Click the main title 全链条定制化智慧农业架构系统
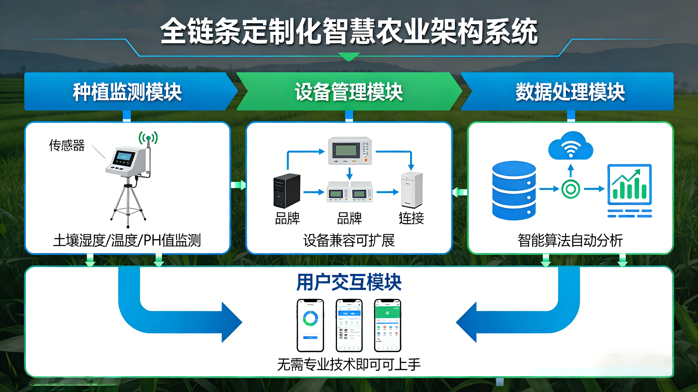coord(349,31)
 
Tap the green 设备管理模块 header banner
coord(349,92)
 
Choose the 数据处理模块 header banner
coord(570,92)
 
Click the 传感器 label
coord(67,145)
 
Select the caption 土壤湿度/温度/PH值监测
coord(127,240)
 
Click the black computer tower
coord(287,191)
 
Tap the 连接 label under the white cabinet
coord(411,218)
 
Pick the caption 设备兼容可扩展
coord(349,240)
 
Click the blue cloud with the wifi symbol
coord(571,146)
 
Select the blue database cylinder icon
coord(514,190)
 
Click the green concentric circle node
coord(571,189)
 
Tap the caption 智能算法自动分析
coord(570,240)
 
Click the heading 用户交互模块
coord(349,282)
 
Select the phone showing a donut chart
coord(310,325)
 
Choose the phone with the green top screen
coord(387,325)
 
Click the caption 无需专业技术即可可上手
coord(349,364)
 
